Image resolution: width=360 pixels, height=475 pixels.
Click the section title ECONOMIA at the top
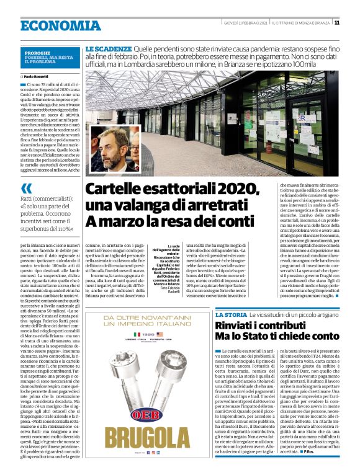pyautogui.click(x=61, y=26)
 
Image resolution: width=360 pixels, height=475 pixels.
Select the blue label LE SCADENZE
pyautogui.click(x=109, y=48)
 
